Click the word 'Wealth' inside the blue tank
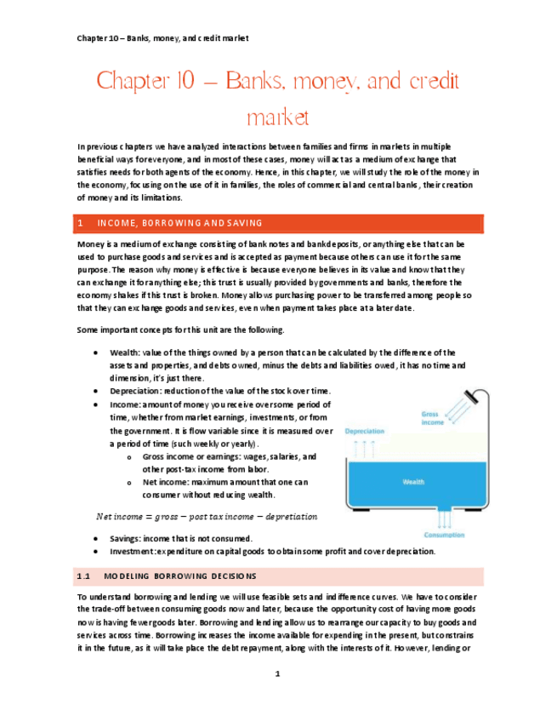click(413, 482)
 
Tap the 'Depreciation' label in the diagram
click(365, 432)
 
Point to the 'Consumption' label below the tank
click(443, 535)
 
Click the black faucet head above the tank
click(480, 398)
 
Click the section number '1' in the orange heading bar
click(79, 223)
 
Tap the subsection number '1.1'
click(83, 576)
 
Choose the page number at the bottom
click(277, 674)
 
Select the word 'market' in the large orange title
click(277, 116)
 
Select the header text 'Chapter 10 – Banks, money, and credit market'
click(162, 39)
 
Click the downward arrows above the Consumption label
click(442, 518)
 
